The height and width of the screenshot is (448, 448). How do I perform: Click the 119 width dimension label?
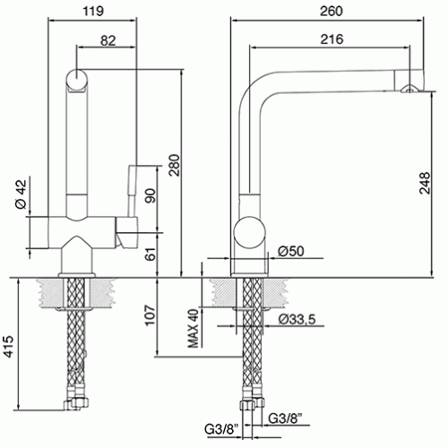pyautogui.click(x=93, y=12)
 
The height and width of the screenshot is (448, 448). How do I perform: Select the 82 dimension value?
pyautogui.click(x=108, y=40)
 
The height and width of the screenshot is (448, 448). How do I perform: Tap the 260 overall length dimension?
pyautogui.click(x=332, y=12)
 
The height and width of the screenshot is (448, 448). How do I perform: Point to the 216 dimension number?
pyautogui.click(x=332, y=39)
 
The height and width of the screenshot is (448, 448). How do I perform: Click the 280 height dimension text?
pyautogui.click(x=175, y=165)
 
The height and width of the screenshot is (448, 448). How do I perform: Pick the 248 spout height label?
pyautogui.click(x=425, y=183)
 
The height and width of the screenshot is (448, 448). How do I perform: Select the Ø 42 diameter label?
pyautogui.click(x=22, y=194)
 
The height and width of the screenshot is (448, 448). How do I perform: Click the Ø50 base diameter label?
pyautogui.click(x=290, y=251)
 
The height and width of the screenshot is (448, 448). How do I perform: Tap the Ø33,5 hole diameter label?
pyautogui.click(x=297, y=319)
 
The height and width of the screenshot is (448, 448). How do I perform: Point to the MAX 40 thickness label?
pyautogui.click(x=194, y=329)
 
